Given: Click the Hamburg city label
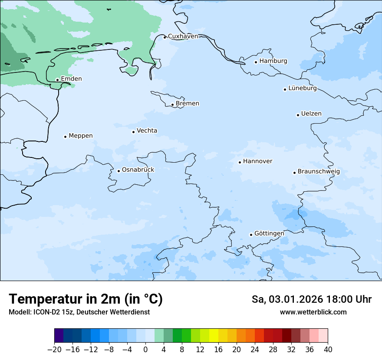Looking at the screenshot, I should point(273,61).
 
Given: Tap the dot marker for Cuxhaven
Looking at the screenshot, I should point(165,37).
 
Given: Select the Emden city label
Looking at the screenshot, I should point(71,79).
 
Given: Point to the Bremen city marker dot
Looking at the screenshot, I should point(172,105).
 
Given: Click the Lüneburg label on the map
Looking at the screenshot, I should point(302,88).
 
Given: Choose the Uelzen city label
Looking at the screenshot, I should point(311,114).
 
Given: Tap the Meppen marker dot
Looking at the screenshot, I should point(65,137).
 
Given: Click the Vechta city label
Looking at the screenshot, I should point(147,131).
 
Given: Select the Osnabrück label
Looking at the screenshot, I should point(138,170).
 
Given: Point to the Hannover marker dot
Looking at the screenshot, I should point(240,162).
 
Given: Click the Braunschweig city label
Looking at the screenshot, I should point(319,172).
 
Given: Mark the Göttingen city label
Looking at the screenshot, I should point(269,234).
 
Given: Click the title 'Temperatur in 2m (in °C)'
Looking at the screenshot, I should point(86,299).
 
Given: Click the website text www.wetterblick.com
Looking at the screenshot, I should point(313,312).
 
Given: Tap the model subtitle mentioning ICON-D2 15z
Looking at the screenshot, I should point(79,312).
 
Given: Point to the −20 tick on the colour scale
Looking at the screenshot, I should point(54,350).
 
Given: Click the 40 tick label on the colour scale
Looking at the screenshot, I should point(328,350).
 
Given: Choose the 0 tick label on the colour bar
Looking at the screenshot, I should point(145,350).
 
